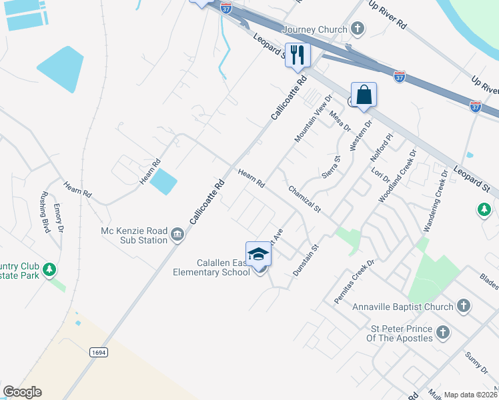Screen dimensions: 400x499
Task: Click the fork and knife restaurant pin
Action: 298,55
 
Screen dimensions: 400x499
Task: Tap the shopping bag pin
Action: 364,94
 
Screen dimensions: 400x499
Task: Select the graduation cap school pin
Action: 258,254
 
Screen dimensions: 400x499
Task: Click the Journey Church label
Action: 315,29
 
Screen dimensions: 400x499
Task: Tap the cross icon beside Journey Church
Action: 358,29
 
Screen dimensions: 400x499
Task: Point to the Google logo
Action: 22,392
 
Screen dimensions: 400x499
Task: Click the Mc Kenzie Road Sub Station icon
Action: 177,233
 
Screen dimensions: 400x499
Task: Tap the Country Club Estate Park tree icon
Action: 48,269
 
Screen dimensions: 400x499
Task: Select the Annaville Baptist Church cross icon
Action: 464,307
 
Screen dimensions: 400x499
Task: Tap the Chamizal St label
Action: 304,199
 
